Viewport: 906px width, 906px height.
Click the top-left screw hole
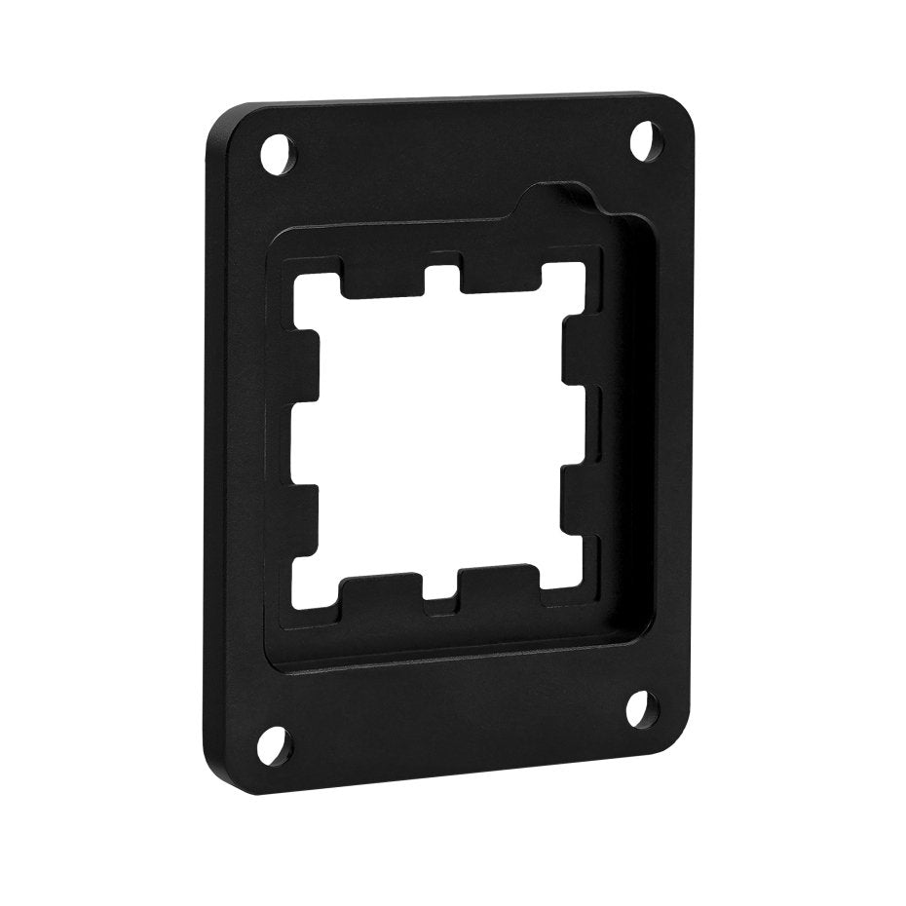[x=276, y=153]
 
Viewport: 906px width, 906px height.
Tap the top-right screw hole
[x=642, y=140]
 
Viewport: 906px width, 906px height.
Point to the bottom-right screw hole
[x=638, y=707]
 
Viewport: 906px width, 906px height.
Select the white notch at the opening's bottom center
[x=442, y=607]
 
